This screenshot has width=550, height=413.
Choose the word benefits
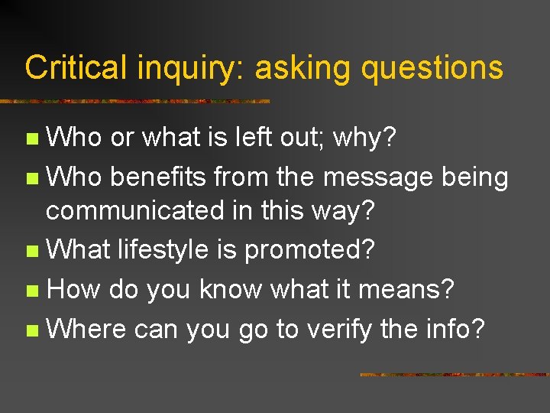[x=158, y=177]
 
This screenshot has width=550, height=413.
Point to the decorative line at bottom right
[x=454, y=375]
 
